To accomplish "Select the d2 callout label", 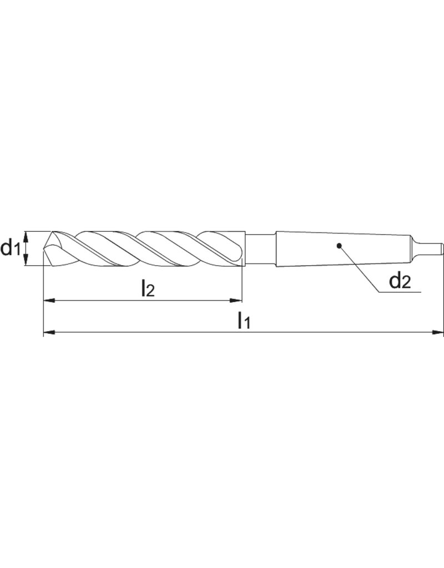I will coord(399,281).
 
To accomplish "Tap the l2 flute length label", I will coord(148,288).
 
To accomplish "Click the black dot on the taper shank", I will coord(339,245).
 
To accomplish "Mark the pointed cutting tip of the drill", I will coord(46,248).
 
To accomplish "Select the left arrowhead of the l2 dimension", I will coord(49,301).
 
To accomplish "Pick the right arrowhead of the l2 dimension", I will coord(237,301).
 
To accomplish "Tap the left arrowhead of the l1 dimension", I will coord(49,333).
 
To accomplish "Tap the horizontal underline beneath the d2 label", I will coord(400,291).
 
